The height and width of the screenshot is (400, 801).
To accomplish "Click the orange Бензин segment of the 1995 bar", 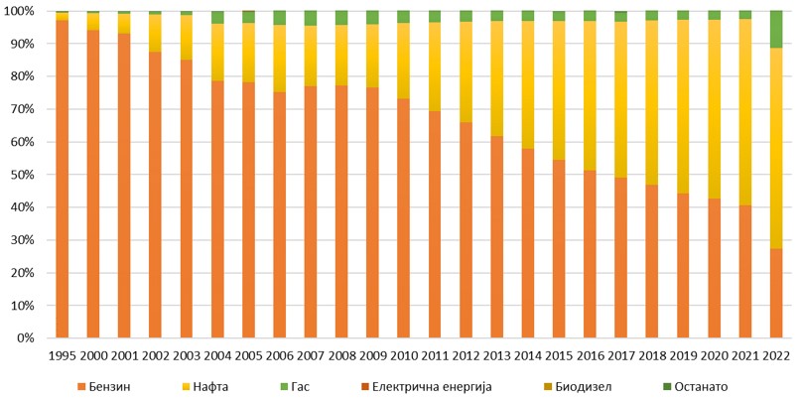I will [x=62, y=179].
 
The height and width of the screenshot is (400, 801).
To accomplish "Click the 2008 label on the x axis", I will [x=341, y=355].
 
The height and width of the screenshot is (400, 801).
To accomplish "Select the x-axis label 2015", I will [x=559, y=355].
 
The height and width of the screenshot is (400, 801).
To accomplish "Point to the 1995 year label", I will [x=62, y=355].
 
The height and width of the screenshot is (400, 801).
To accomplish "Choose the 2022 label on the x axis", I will [x=776, y=355].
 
